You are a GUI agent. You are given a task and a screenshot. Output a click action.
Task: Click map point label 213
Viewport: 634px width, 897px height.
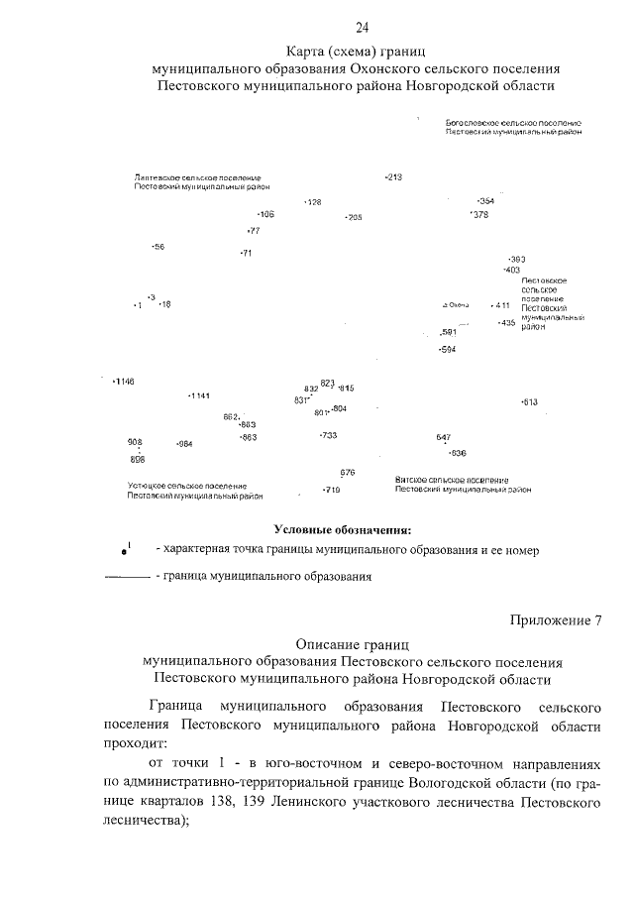(393, 177)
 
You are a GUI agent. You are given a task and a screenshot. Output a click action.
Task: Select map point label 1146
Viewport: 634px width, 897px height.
(124, 382)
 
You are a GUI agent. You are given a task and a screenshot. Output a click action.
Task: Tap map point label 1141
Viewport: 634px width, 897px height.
(199, 396)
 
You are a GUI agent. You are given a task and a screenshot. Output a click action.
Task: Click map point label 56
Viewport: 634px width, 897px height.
(158, 246)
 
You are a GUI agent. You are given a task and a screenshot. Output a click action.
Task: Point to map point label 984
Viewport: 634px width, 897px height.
(183, 444)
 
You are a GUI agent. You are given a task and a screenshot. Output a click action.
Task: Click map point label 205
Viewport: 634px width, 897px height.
(353, 217)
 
